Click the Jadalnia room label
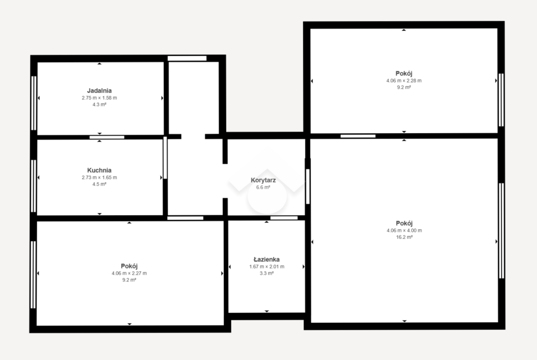(99, 90)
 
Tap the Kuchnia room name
(99, 171)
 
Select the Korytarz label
(263, 180)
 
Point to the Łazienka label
(266, 259)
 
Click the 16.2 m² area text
(404, 237)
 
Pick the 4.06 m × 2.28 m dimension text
(404, 81)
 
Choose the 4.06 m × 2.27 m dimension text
(129, 273)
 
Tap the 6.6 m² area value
(263, 187)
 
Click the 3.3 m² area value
(266, 273)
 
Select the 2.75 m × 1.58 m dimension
(99, 98)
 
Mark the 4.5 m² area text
(99, 184)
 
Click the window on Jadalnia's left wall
(34, 103)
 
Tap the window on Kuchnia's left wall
(33, 186)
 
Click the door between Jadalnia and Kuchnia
(107, 137)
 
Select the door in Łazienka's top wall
(284, 218)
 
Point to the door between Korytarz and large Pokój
(308, 187)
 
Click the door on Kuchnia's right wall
(165, 158)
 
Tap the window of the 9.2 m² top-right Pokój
(501, 100)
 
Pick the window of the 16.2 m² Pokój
(501, 231)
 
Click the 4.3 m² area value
(99, 104)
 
